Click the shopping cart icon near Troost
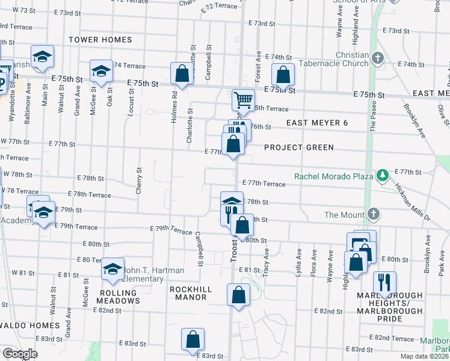[x=243, y=99]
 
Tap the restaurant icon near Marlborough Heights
[x=384, y=282]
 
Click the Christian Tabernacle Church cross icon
[x=378, y=58]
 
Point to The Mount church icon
[x=374, y=214]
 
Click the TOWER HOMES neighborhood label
[x=100, y=40]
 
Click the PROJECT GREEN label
[x=298, y=147]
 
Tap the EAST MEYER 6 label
[x=316, y=123]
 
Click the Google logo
[x=20, y=354]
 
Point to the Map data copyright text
[x=424, y=356]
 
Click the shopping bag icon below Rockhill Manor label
[x=238, y=295]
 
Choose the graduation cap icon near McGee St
[x=102, y=72]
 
